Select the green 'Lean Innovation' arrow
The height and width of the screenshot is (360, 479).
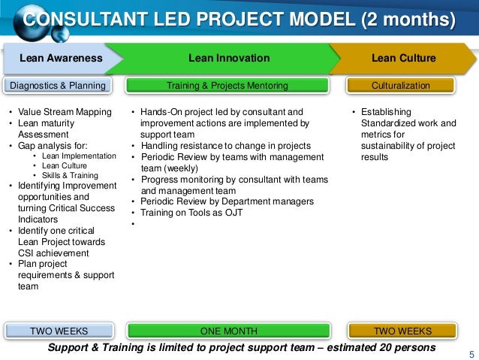point(229,59)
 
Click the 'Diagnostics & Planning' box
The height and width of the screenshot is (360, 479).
point(58,86)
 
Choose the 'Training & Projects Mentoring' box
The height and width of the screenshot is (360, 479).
point(227,86)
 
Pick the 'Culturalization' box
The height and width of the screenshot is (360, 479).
point(401,86)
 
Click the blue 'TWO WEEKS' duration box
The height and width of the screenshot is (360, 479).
point(59,331)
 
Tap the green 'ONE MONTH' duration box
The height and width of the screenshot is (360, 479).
point(229,331)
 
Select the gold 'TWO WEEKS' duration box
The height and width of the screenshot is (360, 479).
point(402,331)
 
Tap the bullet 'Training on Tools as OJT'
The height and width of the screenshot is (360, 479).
point(191,213)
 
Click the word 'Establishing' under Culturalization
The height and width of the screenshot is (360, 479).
point(387,113)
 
